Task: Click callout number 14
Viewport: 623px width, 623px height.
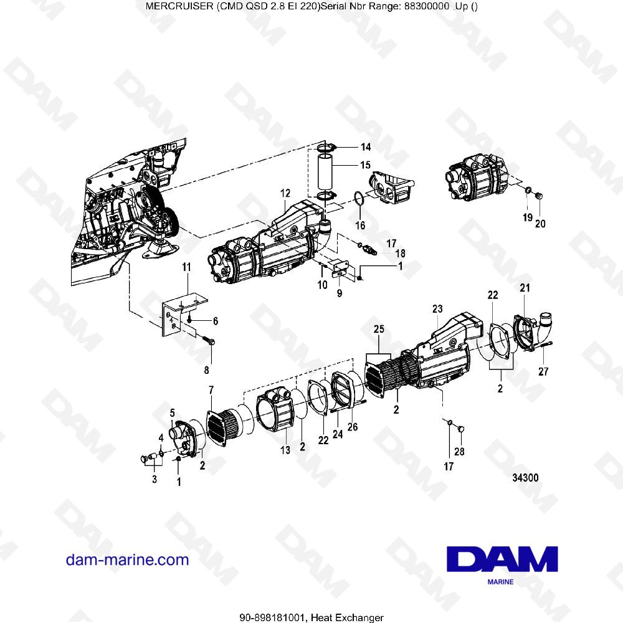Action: tap(365, 147)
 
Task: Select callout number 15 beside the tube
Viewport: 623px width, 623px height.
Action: tap(365, 165)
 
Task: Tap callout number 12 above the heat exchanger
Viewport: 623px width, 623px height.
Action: tap(285, 194)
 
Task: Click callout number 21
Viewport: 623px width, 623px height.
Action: tap(525, 287)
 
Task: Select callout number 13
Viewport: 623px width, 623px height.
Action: tap(285, 450)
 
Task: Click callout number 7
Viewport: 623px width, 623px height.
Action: tap(211, 390)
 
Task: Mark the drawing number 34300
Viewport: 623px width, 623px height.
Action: tap(525, 478)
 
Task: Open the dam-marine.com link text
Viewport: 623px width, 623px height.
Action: tap(127, 559)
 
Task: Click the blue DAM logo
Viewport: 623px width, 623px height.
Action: tap(502, 559)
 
